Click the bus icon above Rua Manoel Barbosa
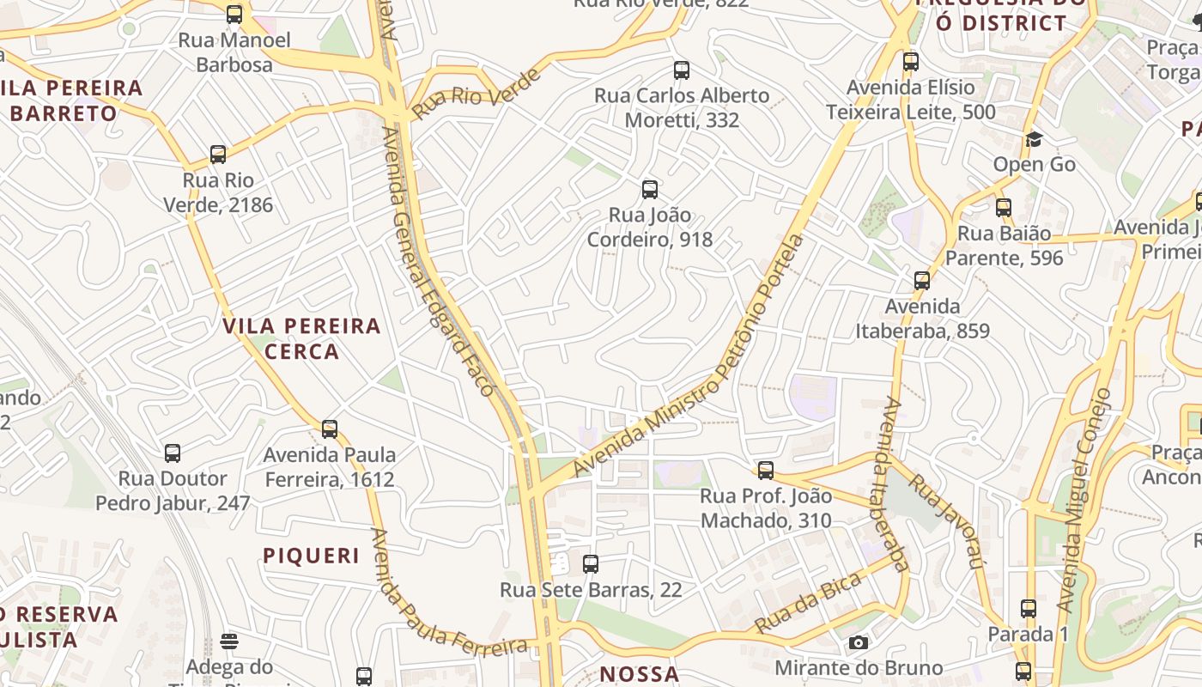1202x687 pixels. point(234,15)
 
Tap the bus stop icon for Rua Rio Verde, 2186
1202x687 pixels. point(218,155)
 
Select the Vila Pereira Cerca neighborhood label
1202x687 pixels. point(301,338)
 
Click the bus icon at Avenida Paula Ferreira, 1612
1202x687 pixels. point(330,429)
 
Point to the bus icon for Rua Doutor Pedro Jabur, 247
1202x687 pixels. point(173,453)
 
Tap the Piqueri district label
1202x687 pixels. point(312,556)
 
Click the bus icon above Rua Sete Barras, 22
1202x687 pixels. point(591,564)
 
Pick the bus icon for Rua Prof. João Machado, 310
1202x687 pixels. point(766,471)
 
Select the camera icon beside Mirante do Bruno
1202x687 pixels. point(858,642)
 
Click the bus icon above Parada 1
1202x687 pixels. point(1029,609)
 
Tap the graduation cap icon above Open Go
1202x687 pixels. point(1034,139)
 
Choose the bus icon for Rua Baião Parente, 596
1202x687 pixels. point(1004,207)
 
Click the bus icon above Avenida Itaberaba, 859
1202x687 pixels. point(922,281)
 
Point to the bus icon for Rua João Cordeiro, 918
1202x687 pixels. point(650,190)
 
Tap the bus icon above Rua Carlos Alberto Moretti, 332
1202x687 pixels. point(682,70)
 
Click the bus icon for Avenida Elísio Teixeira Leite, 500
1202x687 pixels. point(911,62)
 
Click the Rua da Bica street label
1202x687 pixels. point(808,605)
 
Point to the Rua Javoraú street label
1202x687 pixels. point(945,520)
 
